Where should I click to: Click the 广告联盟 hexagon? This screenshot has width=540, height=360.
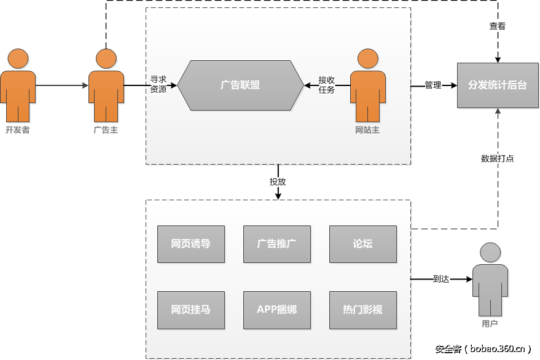coord(240,85)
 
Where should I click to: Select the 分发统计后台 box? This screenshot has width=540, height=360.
coord(497,85)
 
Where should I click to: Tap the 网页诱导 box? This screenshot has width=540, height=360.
coord(190,244)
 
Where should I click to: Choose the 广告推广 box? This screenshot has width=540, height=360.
coord(276,244)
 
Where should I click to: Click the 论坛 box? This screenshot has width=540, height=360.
coord(362,244)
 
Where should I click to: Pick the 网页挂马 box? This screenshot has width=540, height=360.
coord(190,309)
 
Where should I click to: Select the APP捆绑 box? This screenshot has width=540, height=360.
coord(276,309)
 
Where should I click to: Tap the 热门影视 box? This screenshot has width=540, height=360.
coord(362,309)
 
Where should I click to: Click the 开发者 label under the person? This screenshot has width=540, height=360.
coord(17,130)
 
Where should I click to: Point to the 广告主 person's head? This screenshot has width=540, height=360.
coord(106,58)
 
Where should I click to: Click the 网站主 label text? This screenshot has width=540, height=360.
coord(367,130)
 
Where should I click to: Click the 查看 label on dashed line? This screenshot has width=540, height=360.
coord(497,26)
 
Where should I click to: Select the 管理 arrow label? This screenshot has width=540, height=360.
coord(433,85)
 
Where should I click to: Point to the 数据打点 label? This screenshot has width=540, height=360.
coord(497,158)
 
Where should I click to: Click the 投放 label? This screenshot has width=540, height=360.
coord(278,182)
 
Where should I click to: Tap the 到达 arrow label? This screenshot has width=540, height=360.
coord(441,279)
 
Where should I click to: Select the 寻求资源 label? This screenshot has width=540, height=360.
coord(158,84)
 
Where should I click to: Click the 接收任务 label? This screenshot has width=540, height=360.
coord(327,85)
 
